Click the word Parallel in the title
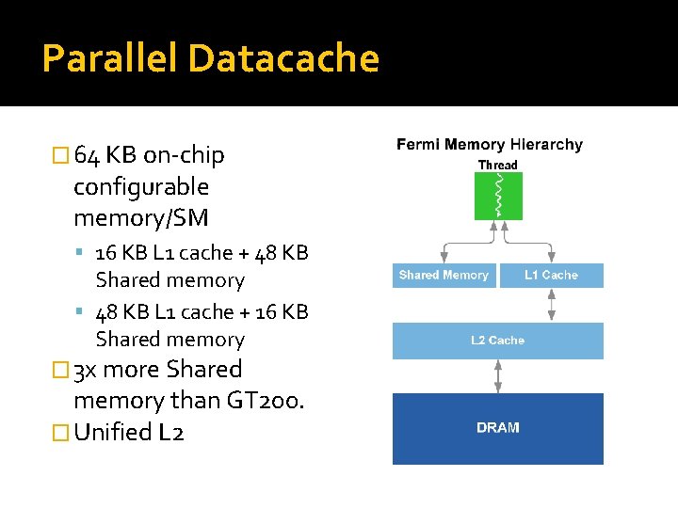pyautogui.click(x=110, y=57)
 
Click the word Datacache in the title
pyautogui.click(x=284, y=57)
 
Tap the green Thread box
pyautogui.click(x=498, y=196)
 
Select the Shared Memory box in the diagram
pyautogui.click(x=444, y=275)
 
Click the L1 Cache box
pyautogui.click(x=551, y=275)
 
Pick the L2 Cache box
pyautogui.click(x=498, y=341)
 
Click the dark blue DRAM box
pyautogui.click(x=498, y=429)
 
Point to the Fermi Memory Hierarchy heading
pyautogui.click(x=490, y=144)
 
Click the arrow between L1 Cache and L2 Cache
pyautogui.click(x=551, y=305)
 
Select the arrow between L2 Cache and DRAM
pyautogui.click(x=498, y=376)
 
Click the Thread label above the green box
pyautogui.click(x=498, y=165)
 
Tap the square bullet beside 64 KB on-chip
pyautogui.click(x=60, y=155)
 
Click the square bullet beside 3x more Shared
pyautogui.click(x=60, y=371)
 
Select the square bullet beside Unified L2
pyautogui.click(x=60, y=433)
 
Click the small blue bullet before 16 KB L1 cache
pyautogui.click(x=79, y=251)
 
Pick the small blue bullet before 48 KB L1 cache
pyautogui.click(x=79, y=310)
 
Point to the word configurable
pyautogui.click(x=141, y=187)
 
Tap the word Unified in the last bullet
pyautogui.click(x=113, y=432)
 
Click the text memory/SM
pyautogui.click(x=141, y=218)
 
